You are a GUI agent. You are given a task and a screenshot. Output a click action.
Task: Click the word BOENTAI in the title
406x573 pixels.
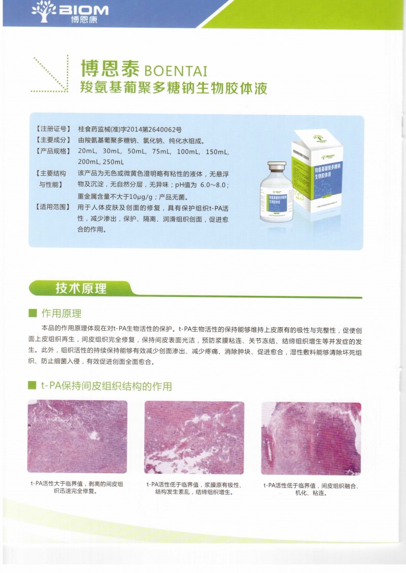(x=176, y=69)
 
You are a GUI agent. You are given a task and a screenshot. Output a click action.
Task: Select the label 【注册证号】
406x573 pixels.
(x=53, y=129)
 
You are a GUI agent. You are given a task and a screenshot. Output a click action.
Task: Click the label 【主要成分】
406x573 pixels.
(x=53, y=140)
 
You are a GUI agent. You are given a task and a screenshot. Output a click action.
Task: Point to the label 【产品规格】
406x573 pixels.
(x=53, y=151)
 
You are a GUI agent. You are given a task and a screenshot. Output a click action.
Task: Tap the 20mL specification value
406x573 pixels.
(x=87, y=151)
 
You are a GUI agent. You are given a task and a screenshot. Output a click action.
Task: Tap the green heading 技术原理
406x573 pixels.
(x=81, y=288)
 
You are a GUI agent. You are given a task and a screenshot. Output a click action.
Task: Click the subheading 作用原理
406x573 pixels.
(x=61, y=313)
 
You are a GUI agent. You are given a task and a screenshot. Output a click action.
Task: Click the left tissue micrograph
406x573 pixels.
(x=77, y=437)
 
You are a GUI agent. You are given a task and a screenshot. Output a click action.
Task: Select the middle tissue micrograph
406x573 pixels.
(x=194, y=437)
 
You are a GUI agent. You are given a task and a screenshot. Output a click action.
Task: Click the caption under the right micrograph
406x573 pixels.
(x=311, y=489)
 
